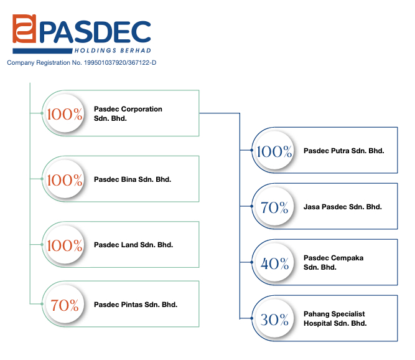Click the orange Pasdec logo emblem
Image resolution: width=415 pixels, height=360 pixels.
click(x=24, y=29)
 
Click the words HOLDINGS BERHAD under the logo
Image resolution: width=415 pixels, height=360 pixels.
click(x=113, y=50)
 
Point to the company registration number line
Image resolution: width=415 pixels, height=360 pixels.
click(x=82, y=63)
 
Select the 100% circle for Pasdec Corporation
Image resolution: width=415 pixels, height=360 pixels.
click(x=65, y=113)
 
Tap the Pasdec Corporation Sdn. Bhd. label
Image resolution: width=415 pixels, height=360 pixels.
click(x=128, y=113)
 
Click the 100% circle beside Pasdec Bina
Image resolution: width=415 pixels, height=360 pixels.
click(x=65, y=179)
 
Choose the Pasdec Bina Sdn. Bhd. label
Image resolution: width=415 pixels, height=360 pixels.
click(x=133, y=179)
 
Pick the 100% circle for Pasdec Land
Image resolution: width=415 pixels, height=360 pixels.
click(x=65, y=245)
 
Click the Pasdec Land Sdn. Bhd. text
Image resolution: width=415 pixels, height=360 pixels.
click(x=133, y=245)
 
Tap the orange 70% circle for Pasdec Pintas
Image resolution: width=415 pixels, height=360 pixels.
click(x=65, y=304)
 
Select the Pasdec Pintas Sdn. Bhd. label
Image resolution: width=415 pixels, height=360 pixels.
click(x=136, y=305)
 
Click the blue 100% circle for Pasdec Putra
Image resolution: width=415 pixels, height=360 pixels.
click(x=274, y=151)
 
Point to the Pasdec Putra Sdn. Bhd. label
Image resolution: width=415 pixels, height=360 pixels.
click(x=344, y=151)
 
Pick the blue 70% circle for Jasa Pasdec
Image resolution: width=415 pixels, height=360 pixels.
click(x=274, y=207)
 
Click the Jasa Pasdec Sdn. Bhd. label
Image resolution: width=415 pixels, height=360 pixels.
click(x=343, y=207)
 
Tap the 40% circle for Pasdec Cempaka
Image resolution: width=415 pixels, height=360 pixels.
click(x=274, y=262)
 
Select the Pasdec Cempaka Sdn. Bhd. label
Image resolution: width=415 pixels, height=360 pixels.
click(x=333, y=262)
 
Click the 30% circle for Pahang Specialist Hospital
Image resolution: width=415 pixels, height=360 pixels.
click(x=274, y=318)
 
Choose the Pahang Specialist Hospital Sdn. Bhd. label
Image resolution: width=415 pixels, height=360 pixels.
click(x=335, y=319)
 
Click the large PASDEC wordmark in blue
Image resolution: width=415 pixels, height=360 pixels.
click(x=95, y=32)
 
